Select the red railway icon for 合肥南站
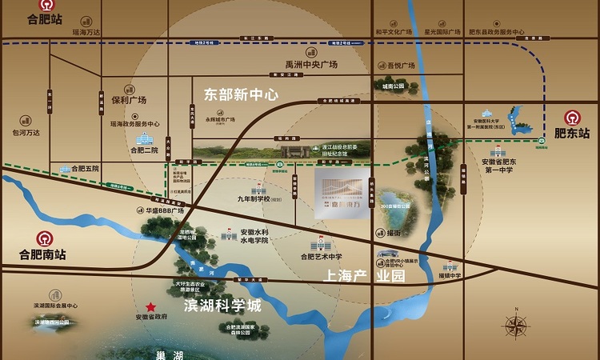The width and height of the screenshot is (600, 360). click(39, 238)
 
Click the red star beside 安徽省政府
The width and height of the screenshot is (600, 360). click(150, 307)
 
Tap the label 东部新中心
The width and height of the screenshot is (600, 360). click(241, 94)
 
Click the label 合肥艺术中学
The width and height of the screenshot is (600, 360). click(321, 256)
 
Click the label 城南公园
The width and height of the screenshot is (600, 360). click(394, 86)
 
